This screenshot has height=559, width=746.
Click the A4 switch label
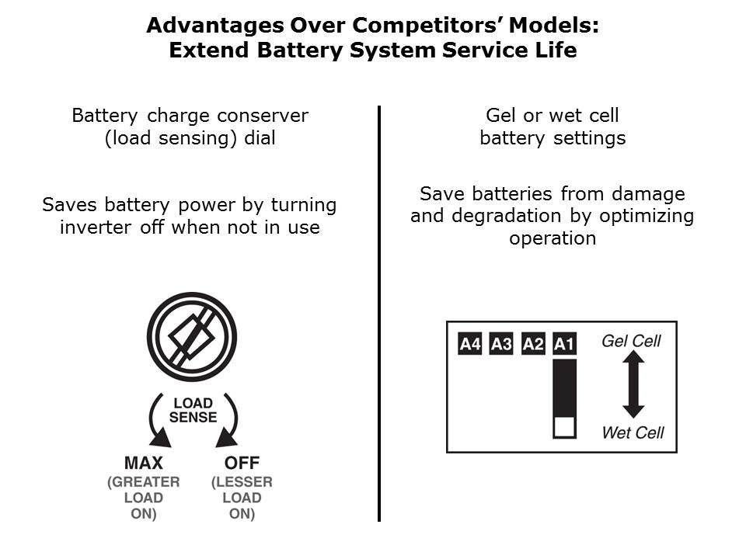pyautogui.click(x=469, y=344)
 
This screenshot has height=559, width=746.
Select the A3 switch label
pyautogui.click(x=501, y=344)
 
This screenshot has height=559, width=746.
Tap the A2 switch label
pyautogui.click(x=533, y=344)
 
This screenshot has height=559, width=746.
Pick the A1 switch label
pyautogui.click(x=564, y=344)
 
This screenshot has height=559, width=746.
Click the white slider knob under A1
pyautogui.click(x=564, y=427)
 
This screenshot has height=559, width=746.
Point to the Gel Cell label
pyautogui.click(x=631, y=341)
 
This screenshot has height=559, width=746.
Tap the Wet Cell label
pyautogui.click(x=633, y=432)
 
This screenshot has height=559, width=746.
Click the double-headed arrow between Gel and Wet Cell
pyautogui.click(x=633, y=384)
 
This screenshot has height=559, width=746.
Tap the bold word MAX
pyautogui.click(x=144, y=463)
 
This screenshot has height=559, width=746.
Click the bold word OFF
pyautogui.click(x=242, y=463)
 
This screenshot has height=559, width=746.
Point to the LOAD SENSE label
pyautogui.click(x=193, y=410)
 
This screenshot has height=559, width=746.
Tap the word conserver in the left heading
pyautogui.click(x=262, y=116)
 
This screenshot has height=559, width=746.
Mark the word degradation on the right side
pyautogui.click(x=506, y=217)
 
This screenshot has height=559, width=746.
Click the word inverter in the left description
pyautogui.click(x=96, y=227)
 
